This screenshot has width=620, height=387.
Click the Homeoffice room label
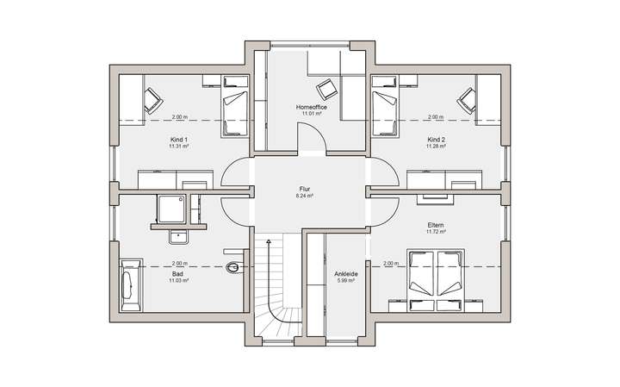coord(311,106)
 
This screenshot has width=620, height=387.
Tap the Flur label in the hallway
coord(305,189)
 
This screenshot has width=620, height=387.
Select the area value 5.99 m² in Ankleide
coord(346,282)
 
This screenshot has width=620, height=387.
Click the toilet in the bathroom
coord(234,269)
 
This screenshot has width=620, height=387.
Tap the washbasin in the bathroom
coord(180,236)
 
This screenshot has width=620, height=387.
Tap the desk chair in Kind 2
coord(467,100)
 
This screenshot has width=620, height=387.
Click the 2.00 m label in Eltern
coord(391,263)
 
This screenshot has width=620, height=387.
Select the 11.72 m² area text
coord(436,233)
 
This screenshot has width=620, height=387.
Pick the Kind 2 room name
coord(437,139)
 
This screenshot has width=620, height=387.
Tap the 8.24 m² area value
coord(305,197)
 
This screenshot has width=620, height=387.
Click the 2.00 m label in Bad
coord(179,263)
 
